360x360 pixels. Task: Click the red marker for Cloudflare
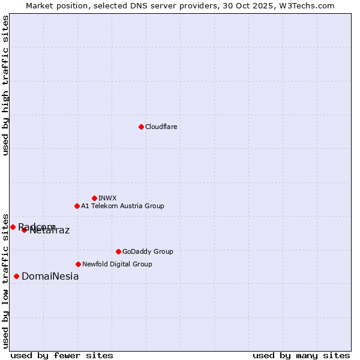tap(141, 127)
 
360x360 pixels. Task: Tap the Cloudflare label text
tap(161, 127)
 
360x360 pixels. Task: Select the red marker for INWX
tap(94, 198)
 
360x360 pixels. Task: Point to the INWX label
tap(107, 198)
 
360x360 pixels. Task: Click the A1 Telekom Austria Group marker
tap(77, 206)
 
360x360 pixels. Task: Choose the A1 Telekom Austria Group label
tap(122, 206)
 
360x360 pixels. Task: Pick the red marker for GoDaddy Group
tap(118, 251)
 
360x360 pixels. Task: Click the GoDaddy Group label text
tap(147, 251)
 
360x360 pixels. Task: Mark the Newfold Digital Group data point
tap(78, 264)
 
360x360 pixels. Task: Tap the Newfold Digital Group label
tap(117, 264)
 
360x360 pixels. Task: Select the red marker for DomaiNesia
tap(16, 276)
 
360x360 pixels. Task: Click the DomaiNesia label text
tap(50, 277)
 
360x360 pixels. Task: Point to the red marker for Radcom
tap(13, 227)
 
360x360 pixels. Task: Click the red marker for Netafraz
tap(24, 230)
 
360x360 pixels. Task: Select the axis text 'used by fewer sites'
tap(62, 355)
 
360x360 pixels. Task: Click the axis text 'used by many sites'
tap(301, 355)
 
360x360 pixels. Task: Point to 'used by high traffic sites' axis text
tap(6, 85)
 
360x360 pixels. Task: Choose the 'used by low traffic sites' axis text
tap(6, 280)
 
